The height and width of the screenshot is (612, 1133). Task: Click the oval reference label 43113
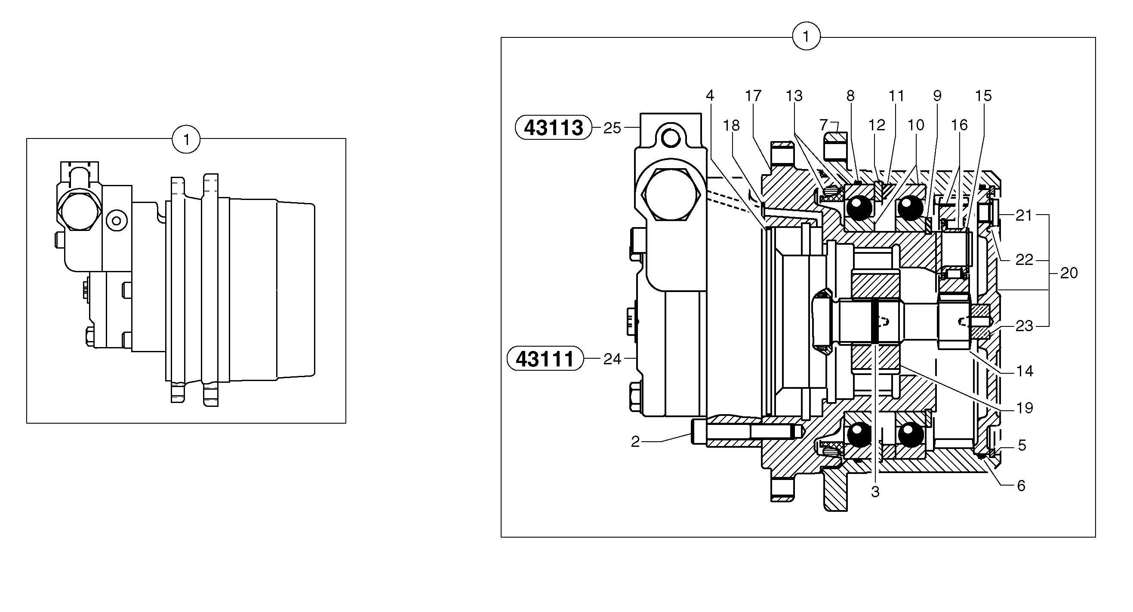(553, 127)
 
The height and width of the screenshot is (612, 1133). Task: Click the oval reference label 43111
(545, 359)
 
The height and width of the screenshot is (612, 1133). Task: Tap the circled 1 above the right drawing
(806, 37)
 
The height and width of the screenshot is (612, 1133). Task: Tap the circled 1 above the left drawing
(186, 140)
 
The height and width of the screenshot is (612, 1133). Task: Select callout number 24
(612, 359)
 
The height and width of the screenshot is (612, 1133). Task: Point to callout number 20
(1069, 273)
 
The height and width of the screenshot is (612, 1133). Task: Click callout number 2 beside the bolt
(635, 442)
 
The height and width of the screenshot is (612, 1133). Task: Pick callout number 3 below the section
(875, 492)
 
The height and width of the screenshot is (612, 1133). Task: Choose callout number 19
(1025, 408)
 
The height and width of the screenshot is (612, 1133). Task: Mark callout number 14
(1025, 371)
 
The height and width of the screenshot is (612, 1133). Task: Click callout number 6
(1021, 486)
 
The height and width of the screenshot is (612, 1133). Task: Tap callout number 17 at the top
(753, 95)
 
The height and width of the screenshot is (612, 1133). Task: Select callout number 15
(983, 95)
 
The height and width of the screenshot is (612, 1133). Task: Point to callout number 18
(731, 126)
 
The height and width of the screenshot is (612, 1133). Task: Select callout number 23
(1024, 326)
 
